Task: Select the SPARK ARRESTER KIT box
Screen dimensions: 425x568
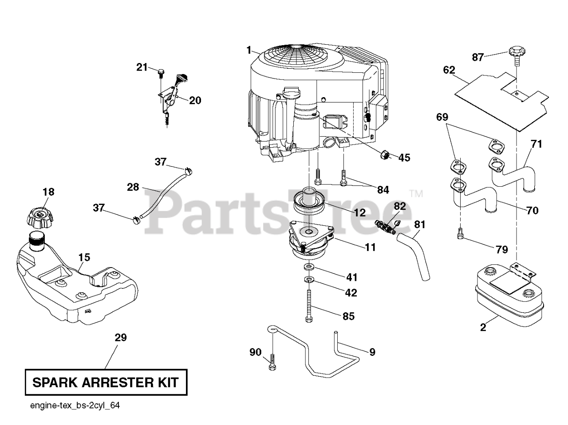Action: (106, 382)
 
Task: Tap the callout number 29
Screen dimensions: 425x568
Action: (120, 338)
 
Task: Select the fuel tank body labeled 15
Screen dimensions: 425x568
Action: (75, 284)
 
